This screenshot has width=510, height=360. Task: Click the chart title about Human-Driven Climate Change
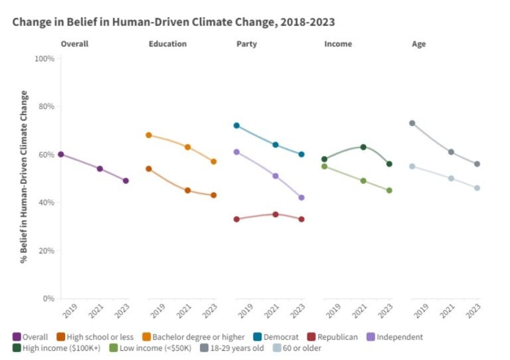tap(173, 22)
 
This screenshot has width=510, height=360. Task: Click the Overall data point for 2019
tap(61, 154)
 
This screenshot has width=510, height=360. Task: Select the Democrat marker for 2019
tap(236, 126)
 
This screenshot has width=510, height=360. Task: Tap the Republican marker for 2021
tap(275, 215)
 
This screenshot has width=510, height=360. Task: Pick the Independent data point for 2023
tap(301, 197)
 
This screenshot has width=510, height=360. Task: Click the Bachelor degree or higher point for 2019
tap(149, 135)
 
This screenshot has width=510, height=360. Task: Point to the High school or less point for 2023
tap(214, 195)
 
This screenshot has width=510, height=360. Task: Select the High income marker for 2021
tap(363, 147)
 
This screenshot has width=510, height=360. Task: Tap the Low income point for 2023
tap(389, 190)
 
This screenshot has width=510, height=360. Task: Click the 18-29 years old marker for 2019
tap(412, 123)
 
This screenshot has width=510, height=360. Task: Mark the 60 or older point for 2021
tap(451, 178)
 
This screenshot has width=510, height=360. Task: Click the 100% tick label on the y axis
tap(44, 58)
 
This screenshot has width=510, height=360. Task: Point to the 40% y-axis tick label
tap(45, 203)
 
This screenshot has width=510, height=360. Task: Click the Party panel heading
tap(247, 44)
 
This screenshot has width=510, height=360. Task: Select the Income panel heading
tap(338, 44)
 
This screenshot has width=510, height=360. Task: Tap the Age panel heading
tap(418, 44)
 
